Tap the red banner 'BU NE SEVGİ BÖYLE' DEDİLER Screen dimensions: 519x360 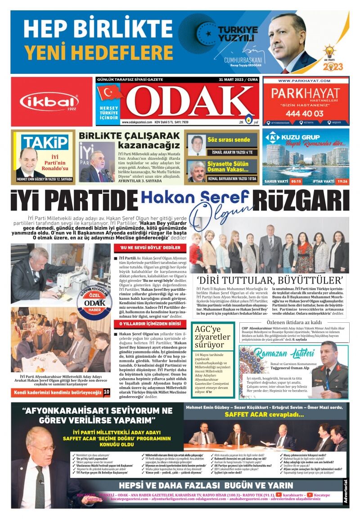tap(150, 248)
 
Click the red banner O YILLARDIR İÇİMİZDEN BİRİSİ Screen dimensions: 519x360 tap(150, 324)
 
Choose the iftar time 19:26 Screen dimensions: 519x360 tap(342, 181)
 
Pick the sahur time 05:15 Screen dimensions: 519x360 tap(296, 181)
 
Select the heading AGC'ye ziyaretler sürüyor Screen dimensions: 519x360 tap(212, 336)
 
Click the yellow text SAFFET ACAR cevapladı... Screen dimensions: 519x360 tap(261, 414)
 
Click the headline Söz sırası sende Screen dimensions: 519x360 tap(228, 140)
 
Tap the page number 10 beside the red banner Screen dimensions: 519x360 tap(107, 392)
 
